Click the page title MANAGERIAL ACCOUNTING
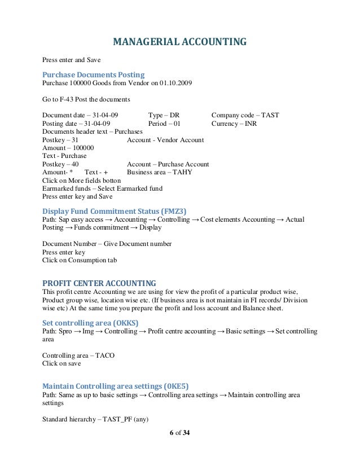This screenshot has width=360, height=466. [180, 42]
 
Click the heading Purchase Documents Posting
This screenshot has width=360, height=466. [94, 74]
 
